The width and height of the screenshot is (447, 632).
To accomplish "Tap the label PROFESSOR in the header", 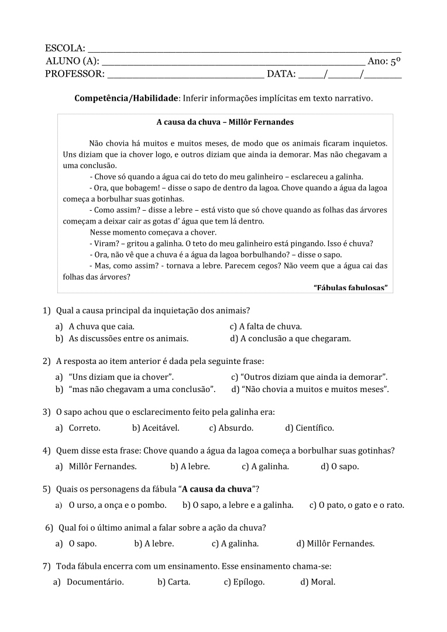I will click(x=74, y=74).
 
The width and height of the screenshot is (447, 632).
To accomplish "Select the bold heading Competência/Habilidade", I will click(x=126, y=98).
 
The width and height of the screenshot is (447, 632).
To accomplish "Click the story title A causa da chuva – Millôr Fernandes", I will click(x=225, y=122).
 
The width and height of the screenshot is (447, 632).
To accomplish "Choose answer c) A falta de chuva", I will click(x=266, y=327).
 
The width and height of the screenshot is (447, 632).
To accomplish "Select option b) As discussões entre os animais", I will click(x=122, y=338).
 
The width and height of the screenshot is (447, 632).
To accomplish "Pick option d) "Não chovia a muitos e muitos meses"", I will click(x=310, y=389).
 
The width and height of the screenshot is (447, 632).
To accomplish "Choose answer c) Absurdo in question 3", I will click(x=231, y=428).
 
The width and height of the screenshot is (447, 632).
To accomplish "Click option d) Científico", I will click(x=310, y=428).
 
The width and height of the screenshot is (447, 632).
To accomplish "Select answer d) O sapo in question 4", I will click(x=340, y=466).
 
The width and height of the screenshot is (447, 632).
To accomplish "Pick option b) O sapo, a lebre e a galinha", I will click(x=238, y=505).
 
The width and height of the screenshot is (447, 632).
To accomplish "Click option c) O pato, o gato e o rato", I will click(x=356, y=505).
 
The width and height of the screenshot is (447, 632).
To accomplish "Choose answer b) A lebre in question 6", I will click(x=154, y=544).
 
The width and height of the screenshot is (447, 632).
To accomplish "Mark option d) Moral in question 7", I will click(x=318, y=582).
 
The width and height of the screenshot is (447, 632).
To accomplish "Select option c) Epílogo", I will click(x=244, y=582).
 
